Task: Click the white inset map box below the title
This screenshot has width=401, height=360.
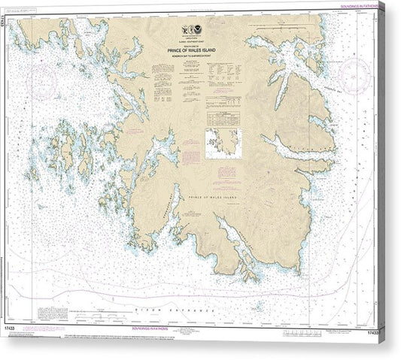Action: click(224, 143)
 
